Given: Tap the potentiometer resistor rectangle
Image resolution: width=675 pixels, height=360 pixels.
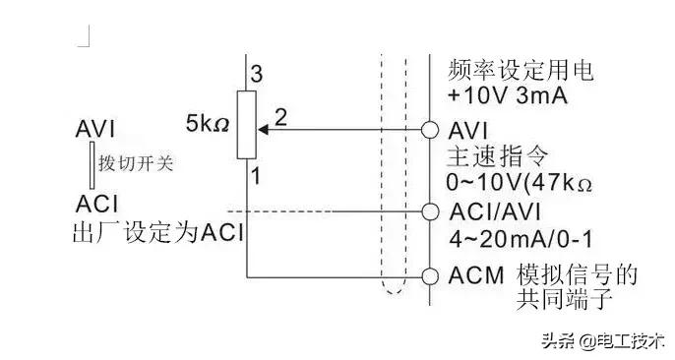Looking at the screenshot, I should pyautogui.click(x=246, y=124).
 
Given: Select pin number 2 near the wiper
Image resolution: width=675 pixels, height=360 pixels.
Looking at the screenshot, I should pyautogui.click(x=281, y=116).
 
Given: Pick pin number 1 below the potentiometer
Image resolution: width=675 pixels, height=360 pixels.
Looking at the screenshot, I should pyautogui.click(x=254, y=177).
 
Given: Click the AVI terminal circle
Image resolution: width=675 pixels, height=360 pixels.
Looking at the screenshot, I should pyautogui.click(x=429, y=129).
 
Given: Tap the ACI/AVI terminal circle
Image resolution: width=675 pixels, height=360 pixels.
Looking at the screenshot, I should pyautogui.click(x=429, y=210).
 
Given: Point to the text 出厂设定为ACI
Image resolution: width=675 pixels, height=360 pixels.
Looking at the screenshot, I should pyautogui.click(x=157, y=235).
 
